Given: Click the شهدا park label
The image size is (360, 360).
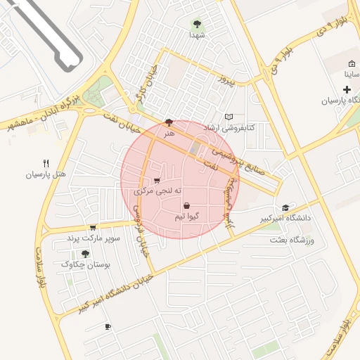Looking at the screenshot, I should click(x=196, y=35).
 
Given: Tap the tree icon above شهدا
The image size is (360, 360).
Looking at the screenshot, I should click(x=196, y=25).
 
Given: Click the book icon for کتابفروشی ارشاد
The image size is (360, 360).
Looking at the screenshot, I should click(x=228, y=117).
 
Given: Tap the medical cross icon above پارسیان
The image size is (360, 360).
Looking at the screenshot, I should click(x=347, y=89).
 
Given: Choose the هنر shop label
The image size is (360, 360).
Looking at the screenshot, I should click(x=168, y=132).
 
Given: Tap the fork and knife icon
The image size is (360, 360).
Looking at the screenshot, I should click(x=46, y=162).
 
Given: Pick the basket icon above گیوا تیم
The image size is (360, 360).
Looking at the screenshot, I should click(x=186, y=206).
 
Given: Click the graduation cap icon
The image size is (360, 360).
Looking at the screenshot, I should click(x=285, y=207).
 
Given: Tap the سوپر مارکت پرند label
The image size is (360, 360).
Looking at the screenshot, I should click(x=94, y=238).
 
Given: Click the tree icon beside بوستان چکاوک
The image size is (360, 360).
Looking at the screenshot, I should click(x=85, y=254).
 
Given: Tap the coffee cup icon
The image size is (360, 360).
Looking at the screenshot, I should click(x=108, y=327).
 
